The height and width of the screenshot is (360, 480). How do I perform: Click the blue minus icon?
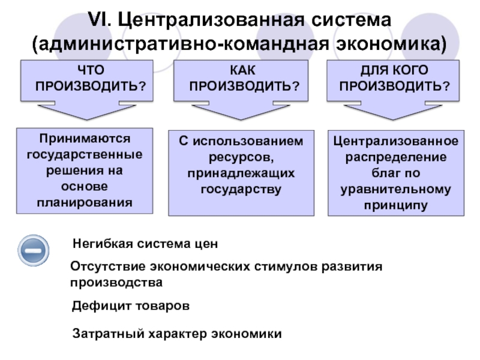point(34,251)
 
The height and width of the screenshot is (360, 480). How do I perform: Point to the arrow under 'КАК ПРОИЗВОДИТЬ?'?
point(241,112)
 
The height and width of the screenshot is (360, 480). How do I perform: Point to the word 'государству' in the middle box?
point(241,189)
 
